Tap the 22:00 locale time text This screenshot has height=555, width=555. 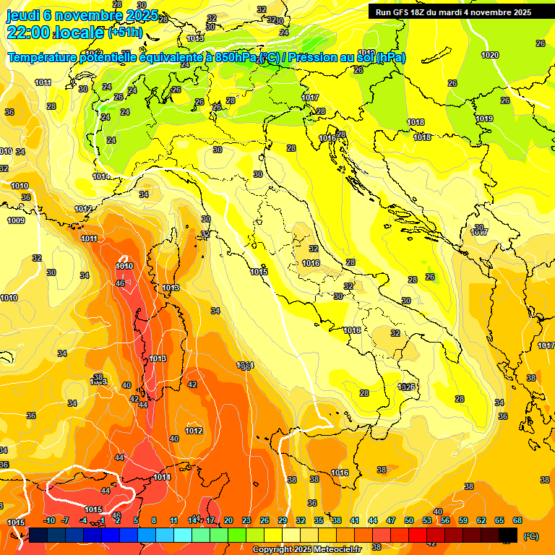55,32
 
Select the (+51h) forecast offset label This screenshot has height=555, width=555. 125,33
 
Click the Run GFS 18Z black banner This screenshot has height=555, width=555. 453,12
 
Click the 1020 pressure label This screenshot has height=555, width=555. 490,55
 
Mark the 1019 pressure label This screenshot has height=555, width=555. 483,119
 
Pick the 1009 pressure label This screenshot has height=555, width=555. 16,220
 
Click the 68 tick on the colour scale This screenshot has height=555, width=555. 517,520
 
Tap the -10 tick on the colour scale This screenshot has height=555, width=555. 50,520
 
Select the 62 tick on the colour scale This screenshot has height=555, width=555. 481,520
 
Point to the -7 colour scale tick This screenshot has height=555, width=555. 66,520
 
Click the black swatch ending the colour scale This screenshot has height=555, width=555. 508,535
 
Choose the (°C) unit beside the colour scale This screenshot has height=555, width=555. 530,536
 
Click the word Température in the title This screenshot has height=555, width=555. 43,58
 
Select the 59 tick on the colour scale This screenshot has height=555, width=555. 463,520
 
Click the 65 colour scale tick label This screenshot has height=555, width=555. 499,520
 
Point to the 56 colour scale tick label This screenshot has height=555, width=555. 445,520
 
